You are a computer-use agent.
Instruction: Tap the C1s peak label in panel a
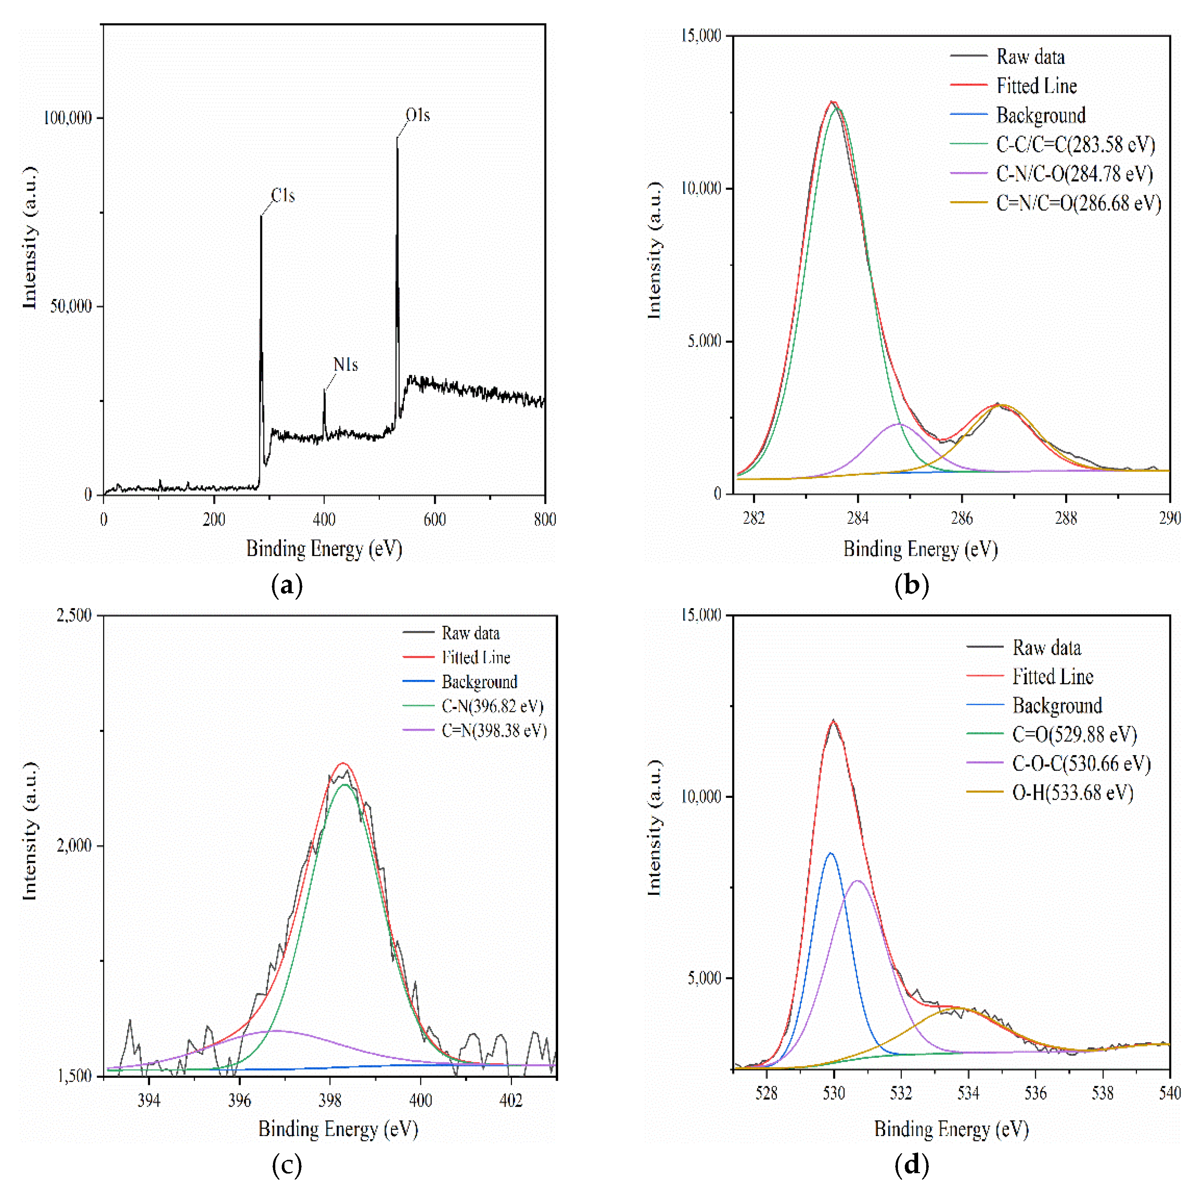click(283, 196)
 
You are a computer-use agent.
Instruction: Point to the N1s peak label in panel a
click(346, 365)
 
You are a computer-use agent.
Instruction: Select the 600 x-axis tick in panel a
click(435, 520)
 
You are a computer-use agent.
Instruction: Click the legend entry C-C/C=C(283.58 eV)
click(1075, 144)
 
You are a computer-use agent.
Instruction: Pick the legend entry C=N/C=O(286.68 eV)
click(1078, 203)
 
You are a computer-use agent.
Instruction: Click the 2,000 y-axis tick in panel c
click(74, 846)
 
